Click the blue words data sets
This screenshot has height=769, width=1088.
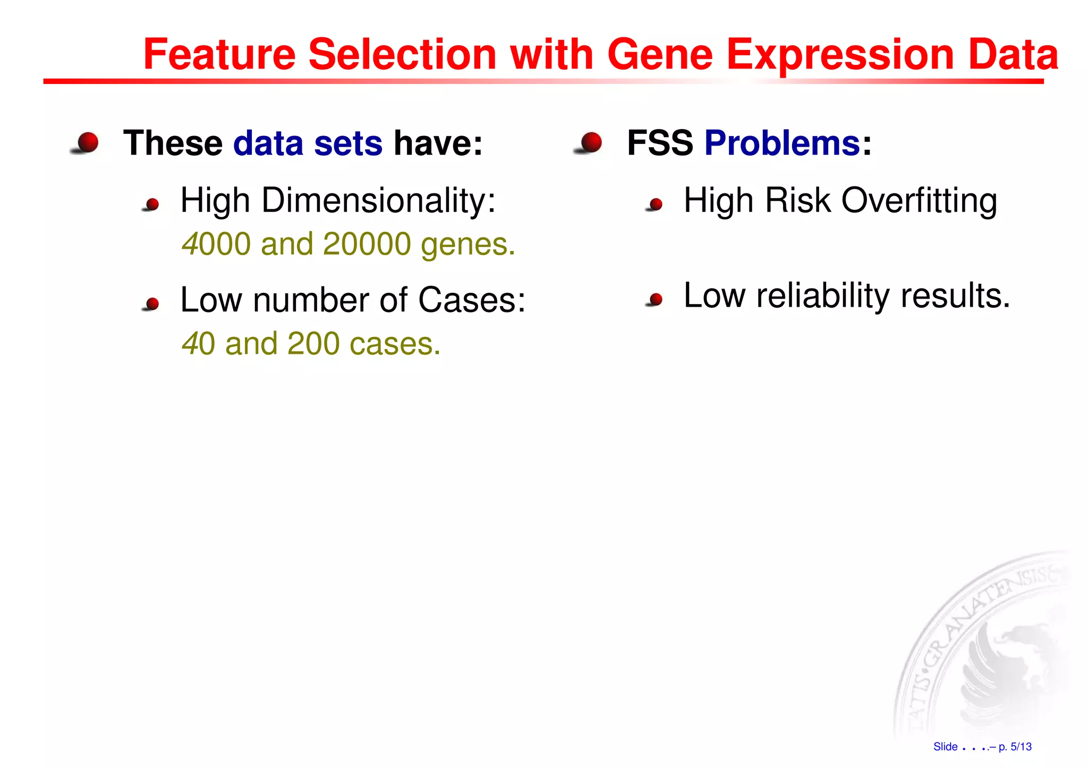[308, 143]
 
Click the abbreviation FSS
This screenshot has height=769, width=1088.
[660, 143]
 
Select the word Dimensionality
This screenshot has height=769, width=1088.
[378, 201]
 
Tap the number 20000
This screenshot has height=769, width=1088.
[367, 244]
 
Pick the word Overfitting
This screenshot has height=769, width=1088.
[919, 201]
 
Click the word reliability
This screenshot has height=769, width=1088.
[822, 296]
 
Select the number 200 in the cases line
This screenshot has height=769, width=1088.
[313, 344]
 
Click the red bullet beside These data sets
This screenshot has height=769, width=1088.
[87, 143]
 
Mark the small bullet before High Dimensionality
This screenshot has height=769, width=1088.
[152, 204]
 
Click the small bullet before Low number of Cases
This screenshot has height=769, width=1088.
[152, 303]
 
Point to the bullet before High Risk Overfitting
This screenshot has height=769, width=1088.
[656, 204]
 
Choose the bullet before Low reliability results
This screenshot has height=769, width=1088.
[656, 299]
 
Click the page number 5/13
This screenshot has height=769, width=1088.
[1021, 747]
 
